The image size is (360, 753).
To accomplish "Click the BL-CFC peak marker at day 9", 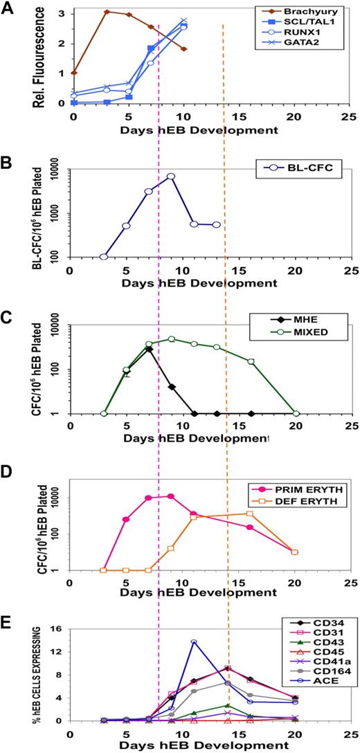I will click(170, 176).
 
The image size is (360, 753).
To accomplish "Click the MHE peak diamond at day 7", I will click(149, 349).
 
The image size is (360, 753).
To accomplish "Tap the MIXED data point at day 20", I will click(296, 414).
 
